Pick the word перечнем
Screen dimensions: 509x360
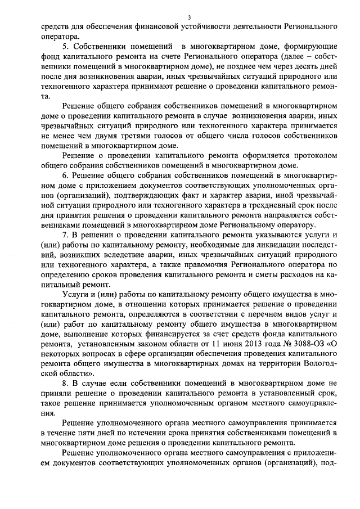click(x=265, y=314)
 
